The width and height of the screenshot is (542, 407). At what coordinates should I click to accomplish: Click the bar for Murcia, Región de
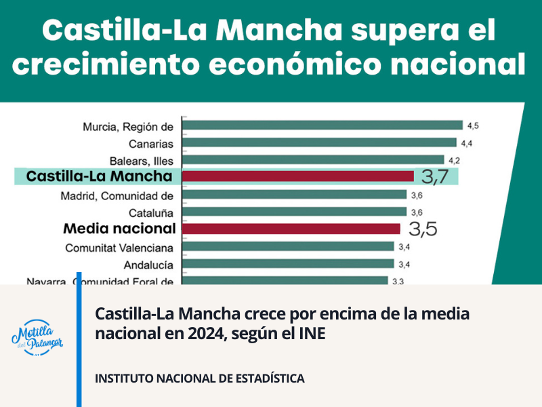tap(322, 125)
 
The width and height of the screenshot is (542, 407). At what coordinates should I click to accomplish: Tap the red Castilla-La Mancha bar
tap(299, 176)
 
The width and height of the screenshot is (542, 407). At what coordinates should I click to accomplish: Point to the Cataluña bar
tap(295, 212)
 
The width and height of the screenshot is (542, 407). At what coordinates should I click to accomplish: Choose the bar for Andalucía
tap(289, 264)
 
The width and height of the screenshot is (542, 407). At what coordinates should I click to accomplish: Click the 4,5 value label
tap(473, 125)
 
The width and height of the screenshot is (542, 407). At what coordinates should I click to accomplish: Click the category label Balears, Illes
tap(141, 161)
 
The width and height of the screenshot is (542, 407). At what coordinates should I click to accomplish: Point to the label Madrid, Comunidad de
tap(117, 196)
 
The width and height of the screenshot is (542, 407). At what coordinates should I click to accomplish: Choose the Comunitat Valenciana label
tap(119, 248)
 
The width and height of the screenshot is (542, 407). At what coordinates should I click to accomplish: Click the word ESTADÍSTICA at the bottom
tap(260, 378)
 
